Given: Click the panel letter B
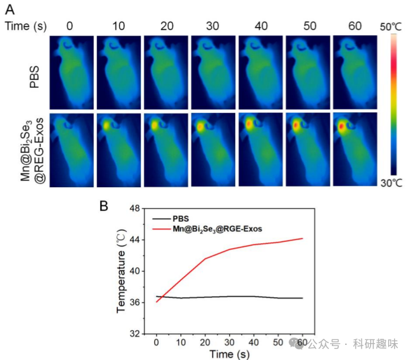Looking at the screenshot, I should point(104,205).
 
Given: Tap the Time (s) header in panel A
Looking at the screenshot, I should point(25,26).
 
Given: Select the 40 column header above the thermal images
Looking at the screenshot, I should point(261,26).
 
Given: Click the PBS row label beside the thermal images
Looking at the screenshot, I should point(36,72).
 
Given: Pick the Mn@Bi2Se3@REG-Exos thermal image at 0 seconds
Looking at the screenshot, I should point(72,149).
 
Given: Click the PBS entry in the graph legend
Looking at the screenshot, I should point(181,219).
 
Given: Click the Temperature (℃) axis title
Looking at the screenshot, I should point(123,271).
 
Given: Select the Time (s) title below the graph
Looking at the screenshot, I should point(229,353).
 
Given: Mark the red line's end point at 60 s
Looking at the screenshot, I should point(302,239).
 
